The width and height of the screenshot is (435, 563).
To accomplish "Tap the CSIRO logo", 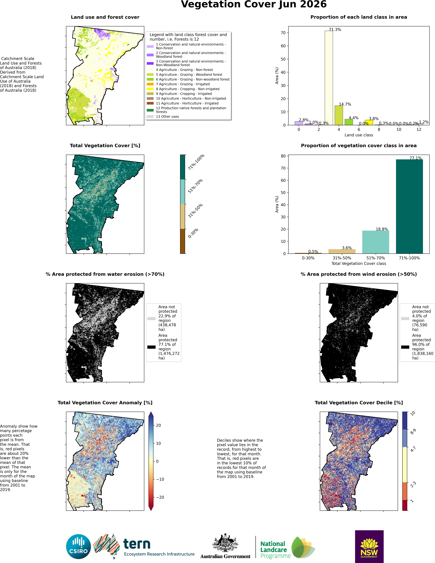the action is [79, 547].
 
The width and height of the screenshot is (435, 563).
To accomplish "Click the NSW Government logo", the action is [369, 546].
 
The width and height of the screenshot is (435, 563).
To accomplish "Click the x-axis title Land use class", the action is [359, 135].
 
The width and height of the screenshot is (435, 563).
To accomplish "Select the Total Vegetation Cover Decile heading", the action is [359, 403].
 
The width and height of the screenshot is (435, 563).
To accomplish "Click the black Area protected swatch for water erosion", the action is [151, 347].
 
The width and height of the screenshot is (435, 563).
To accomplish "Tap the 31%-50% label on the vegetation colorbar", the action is [195, 211].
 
